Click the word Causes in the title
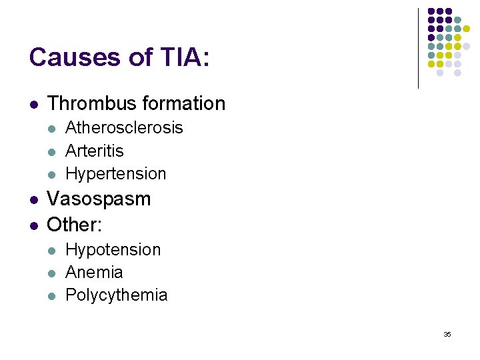click(x=71, y=57)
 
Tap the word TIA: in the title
click(x=183, y=57)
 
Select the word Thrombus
click(x=83, y=104)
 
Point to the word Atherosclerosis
click(x=124, y=128)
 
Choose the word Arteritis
click(x=95, y=151)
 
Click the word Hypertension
click(x=116, y=174)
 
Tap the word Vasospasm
click(x=99, y=199)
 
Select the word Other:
click(x=75, y=225)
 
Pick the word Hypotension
click(x=113, y=250)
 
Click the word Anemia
click(x=94, y=273)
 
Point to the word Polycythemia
click(x=117, y=295)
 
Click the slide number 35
click(x=447, y=334)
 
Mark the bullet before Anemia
click(x=53, y=273)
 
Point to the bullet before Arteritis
click(x=53, y=151)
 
